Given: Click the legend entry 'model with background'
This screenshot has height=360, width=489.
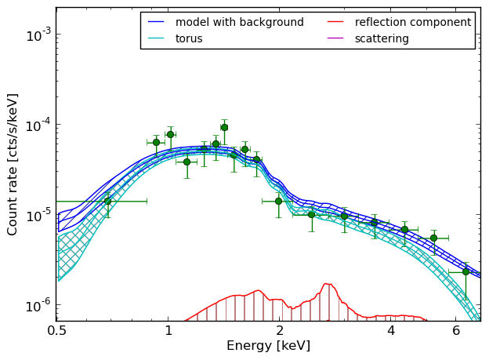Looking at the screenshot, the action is pyautogui.click(x=239, y=22).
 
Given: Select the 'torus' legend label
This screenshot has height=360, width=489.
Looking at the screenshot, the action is pyautogui.click(x=189, y=38).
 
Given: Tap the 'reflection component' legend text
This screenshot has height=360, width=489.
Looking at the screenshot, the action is pyautogui.click(x=413, y=22).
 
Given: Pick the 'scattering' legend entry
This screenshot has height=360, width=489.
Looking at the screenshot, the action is pyautogui.click(x=382, y=38).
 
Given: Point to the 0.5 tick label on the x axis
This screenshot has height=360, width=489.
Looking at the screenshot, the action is pyautogui.click(x=56, y=331).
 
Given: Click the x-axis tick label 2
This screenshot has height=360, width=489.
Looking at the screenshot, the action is pyautogui.click(x=280, y=331).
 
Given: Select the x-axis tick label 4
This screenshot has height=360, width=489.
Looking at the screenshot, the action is pyautogui.click(x=391, y=331).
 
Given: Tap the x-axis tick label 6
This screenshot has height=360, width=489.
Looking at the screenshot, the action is pyautogui.click(x=456, y=331).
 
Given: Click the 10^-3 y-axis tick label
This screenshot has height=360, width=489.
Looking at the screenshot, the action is pyautogui.click(x=38, y=35).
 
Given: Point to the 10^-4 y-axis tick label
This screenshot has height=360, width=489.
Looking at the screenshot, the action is pyautogui.click(x=38, y=125).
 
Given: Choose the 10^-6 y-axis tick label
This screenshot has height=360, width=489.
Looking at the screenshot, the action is pyautogui.click(x=38, y=305).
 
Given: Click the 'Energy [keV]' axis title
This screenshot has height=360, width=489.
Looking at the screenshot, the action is pyautogui.click(x=268, y=346).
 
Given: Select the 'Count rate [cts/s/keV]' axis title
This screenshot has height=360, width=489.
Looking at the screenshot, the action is pyautogui.click(x=12, y=165).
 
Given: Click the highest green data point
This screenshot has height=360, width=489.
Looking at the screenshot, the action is pyautogui.click(x=224, y=127).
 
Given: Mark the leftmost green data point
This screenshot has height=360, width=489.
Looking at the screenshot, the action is pyautogui.click(x=107, y=202).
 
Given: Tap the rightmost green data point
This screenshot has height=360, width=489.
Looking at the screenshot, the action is pyautogui.click(x=466, y=272).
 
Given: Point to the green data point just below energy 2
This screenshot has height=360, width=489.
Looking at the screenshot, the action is pyautogui.click(x=278, y=202).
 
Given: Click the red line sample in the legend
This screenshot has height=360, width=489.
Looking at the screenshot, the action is pyautogui.click(x=335, y=22).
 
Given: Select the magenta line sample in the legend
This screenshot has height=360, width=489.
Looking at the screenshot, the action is pyautogui.click(x=335, y=38).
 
